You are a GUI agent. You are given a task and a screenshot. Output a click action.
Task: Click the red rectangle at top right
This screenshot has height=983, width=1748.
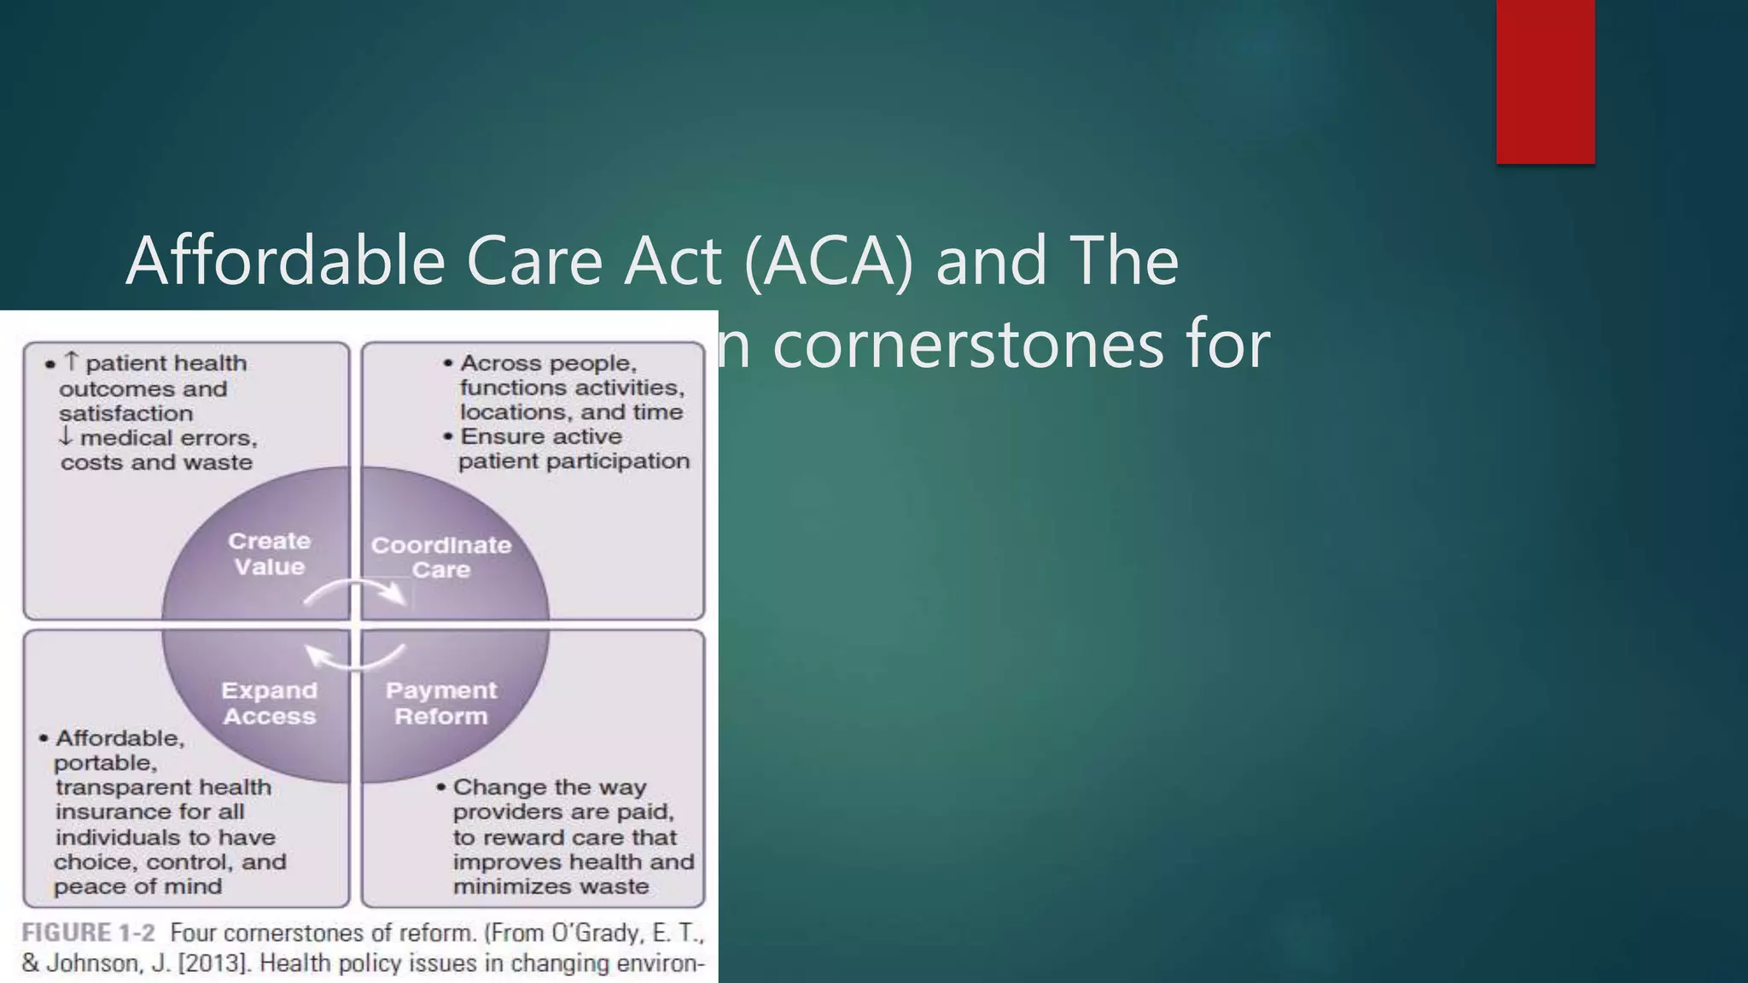pyautogui.click(x=1545, y=82)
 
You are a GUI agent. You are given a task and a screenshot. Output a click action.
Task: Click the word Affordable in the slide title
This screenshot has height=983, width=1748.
pyautogui.click(x=285, y=260)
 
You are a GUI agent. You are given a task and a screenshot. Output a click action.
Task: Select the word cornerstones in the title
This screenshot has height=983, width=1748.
pyautogui.click(x=968, y=346)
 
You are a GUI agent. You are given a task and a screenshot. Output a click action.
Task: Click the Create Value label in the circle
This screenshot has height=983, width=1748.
pyautogui.click(x=269, y=554)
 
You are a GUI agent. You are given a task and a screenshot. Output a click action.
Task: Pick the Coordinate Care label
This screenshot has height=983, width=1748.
pyautogui.click(x=440, y=557)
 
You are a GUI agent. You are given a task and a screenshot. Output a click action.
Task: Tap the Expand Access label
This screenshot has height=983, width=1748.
pyautogui.click(x=269, y=703)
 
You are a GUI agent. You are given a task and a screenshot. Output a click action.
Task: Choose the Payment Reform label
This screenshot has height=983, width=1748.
pyautogui.click(x=440, y=703)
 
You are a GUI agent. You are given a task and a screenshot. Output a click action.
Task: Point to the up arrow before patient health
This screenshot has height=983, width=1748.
pyautogui.click(x=72, y=362)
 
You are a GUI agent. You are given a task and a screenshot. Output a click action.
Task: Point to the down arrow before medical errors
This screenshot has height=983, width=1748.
pyautogui.click(x=66, y=437)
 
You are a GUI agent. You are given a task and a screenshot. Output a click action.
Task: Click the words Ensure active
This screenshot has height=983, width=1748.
pyautogui.click(x=541, y=436)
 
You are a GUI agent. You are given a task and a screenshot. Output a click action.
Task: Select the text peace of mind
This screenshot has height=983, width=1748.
pyautogui.click(x=137, y=887)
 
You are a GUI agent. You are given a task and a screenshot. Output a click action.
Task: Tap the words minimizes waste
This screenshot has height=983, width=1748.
pyautogui.click(x=551, y=887)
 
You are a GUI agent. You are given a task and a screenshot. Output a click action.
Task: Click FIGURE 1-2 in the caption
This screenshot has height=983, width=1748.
pyautogui.click(x=89, y=933)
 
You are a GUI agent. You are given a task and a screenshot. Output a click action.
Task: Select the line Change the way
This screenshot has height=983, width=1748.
pyautogui.click(x=549, y=787)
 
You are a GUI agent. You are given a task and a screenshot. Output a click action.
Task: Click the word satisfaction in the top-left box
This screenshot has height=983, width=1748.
pyautogui.click(x=125, y=413)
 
